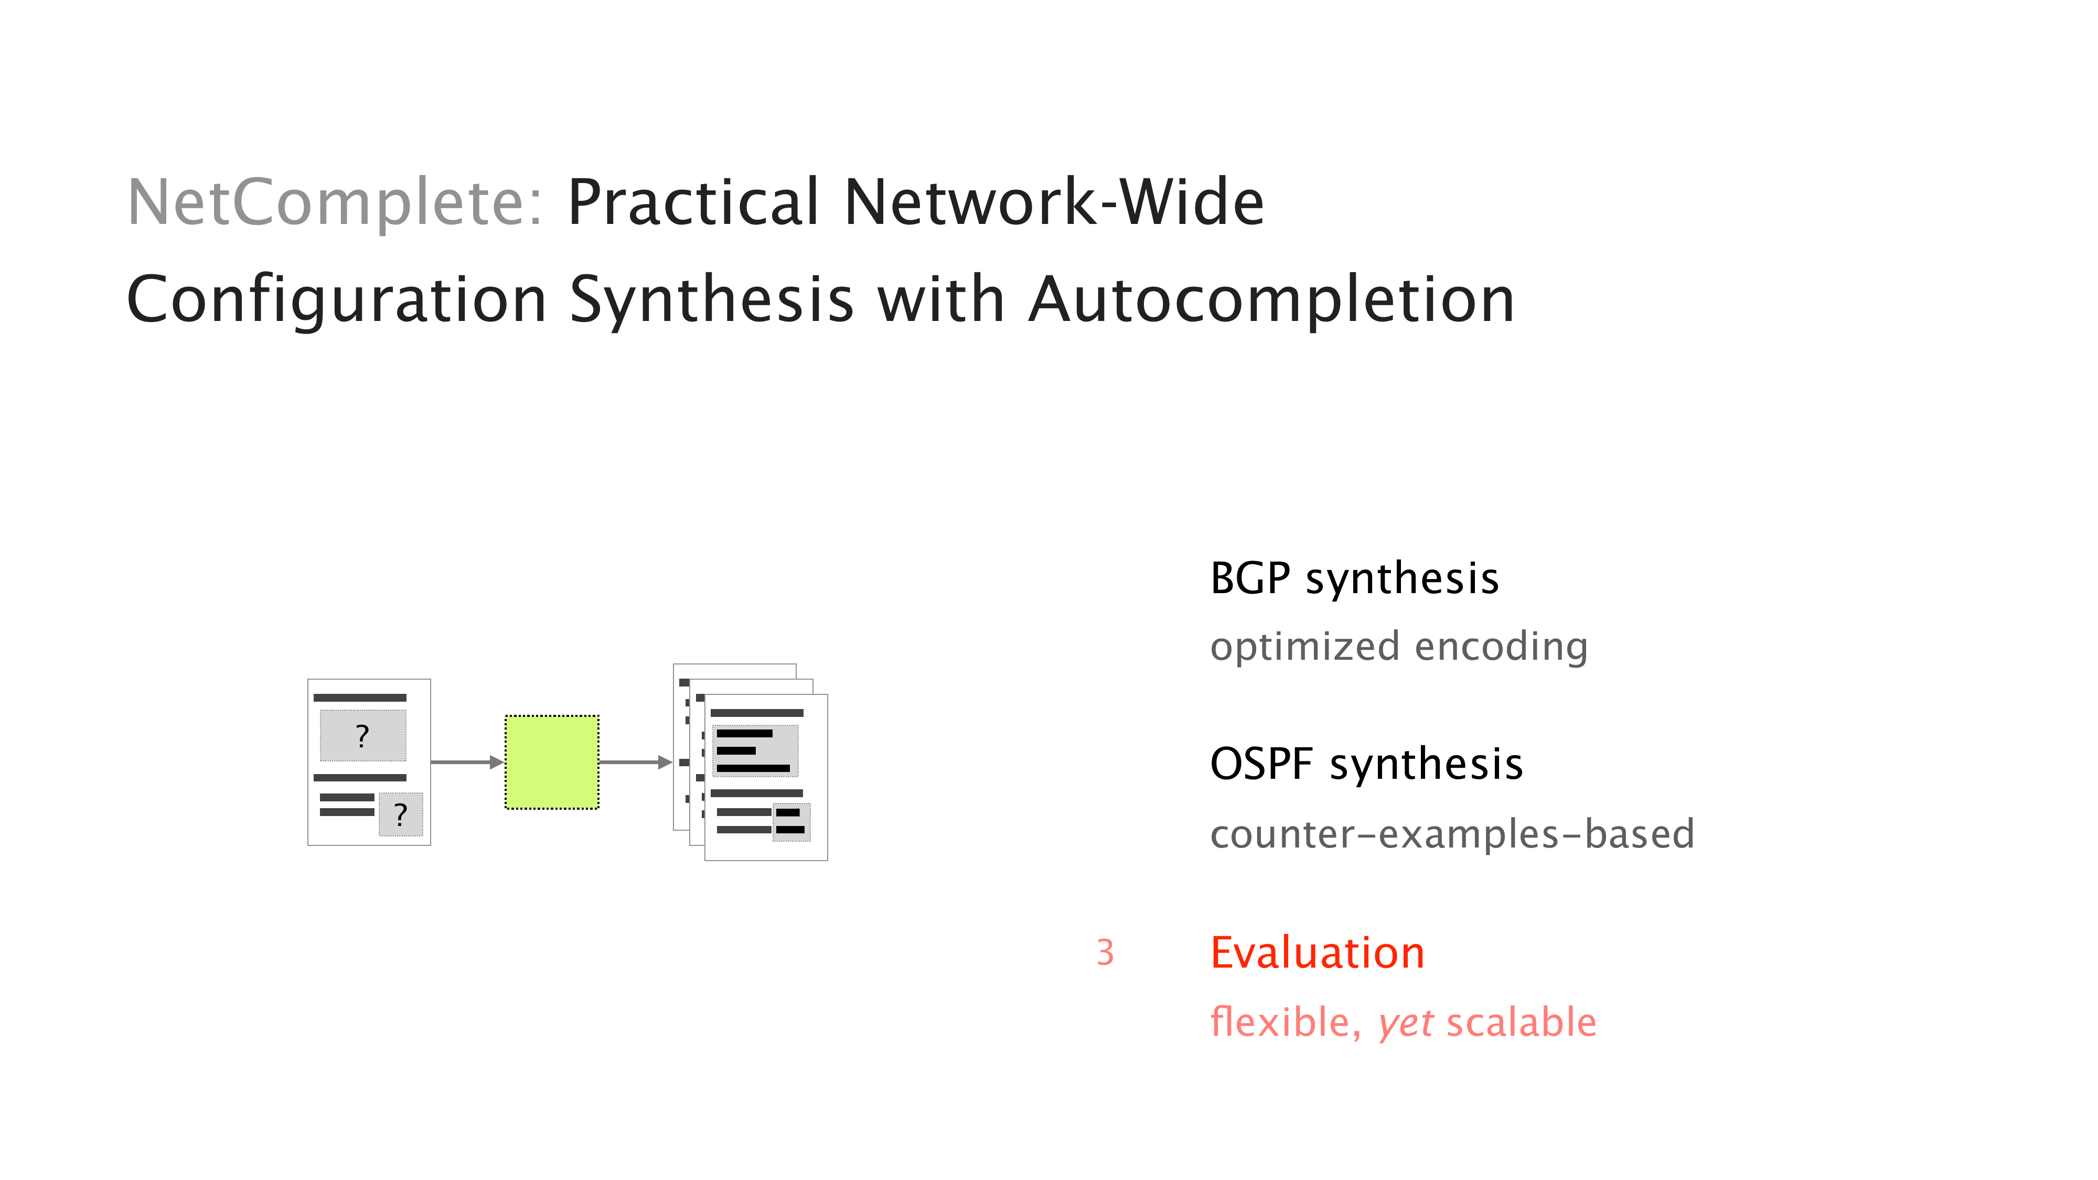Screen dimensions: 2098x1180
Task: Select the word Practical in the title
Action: [x=693, y=203]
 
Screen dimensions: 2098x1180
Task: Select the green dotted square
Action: [x=552, y=762]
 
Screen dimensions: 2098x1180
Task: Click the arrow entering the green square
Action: [x=467, y=762]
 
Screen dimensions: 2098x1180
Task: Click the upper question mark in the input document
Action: [x=362, y=736]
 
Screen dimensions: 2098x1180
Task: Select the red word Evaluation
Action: [x=1318, y=953]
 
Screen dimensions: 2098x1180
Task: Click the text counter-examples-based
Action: [x=1452, y=834]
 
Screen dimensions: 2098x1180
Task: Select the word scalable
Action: [x=1522, y=1022]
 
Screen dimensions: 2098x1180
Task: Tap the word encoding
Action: [x=1501, y=647]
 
